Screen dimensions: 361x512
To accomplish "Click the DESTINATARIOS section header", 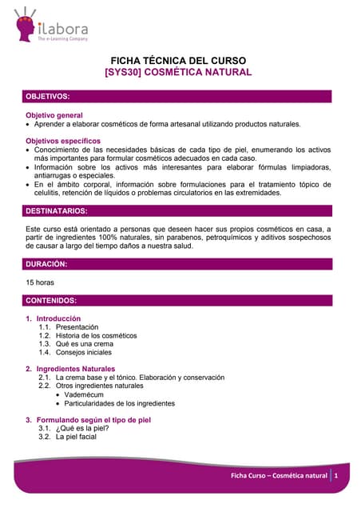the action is pyautogui.click(x=57, y=211).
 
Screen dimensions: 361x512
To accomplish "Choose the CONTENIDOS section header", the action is pyautogui.click(x=52, y=301).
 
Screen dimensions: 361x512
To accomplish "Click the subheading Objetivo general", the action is pyautogui.click(x=54, y=115).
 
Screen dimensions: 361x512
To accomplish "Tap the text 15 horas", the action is pyautogui.click(x=41, y=282).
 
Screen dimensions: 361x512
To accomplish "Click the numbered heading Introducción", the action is pyautogui.click(x=58, y=318).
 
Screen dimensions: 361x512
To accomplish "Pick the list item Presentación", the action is pyautogui.click(x=77, y=327).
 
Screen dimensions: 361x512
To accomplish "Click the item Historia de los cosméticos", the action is pyautogui.click(x=96, y=336).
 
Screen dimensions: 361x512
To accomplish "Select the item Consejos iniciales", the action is pyautogui.click(x=83, y=353).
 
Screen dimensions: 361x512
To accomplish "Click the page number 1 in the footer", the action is pyautogui.click(x=337, y=476).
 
